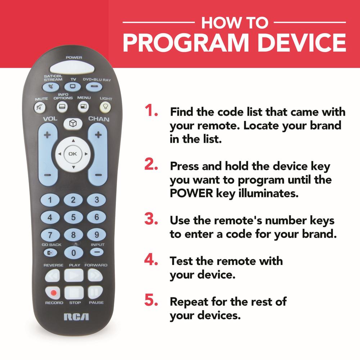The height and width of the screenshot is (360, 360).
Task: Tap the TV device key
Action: point(73,87)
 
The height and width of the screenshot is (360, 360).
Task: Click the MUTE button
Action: point(40,107)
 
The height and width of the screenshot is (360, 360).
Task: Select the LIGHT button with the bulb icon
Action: point(105,107)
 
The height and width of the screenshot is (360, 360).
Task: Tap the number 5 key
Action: point(73,217)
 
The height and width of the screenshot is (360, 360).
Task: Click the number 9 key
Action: point(96,234)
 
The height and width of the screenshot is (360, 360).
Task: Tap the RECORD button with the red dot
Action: point(53,292)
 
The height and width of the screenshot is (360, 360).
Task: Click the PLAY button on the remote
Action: point(74,275)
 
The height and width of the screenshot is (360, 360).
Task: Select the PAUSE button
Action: point(95,292)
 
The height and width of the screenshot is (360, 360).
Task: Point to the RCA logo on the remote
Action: point(76,317)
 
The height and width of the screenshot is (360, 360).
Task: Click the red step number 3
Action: point(151,219)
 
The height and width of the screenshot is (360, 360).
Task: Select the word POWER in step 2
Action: point(192,193)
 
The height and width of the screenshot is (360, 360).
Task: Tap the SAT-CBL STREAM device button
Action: point(51,87)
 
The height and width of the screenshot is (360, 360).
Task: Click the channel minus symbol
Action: point(98,175)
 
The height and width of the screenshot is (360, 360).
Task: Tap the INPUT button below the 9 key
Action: point(96,252)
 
